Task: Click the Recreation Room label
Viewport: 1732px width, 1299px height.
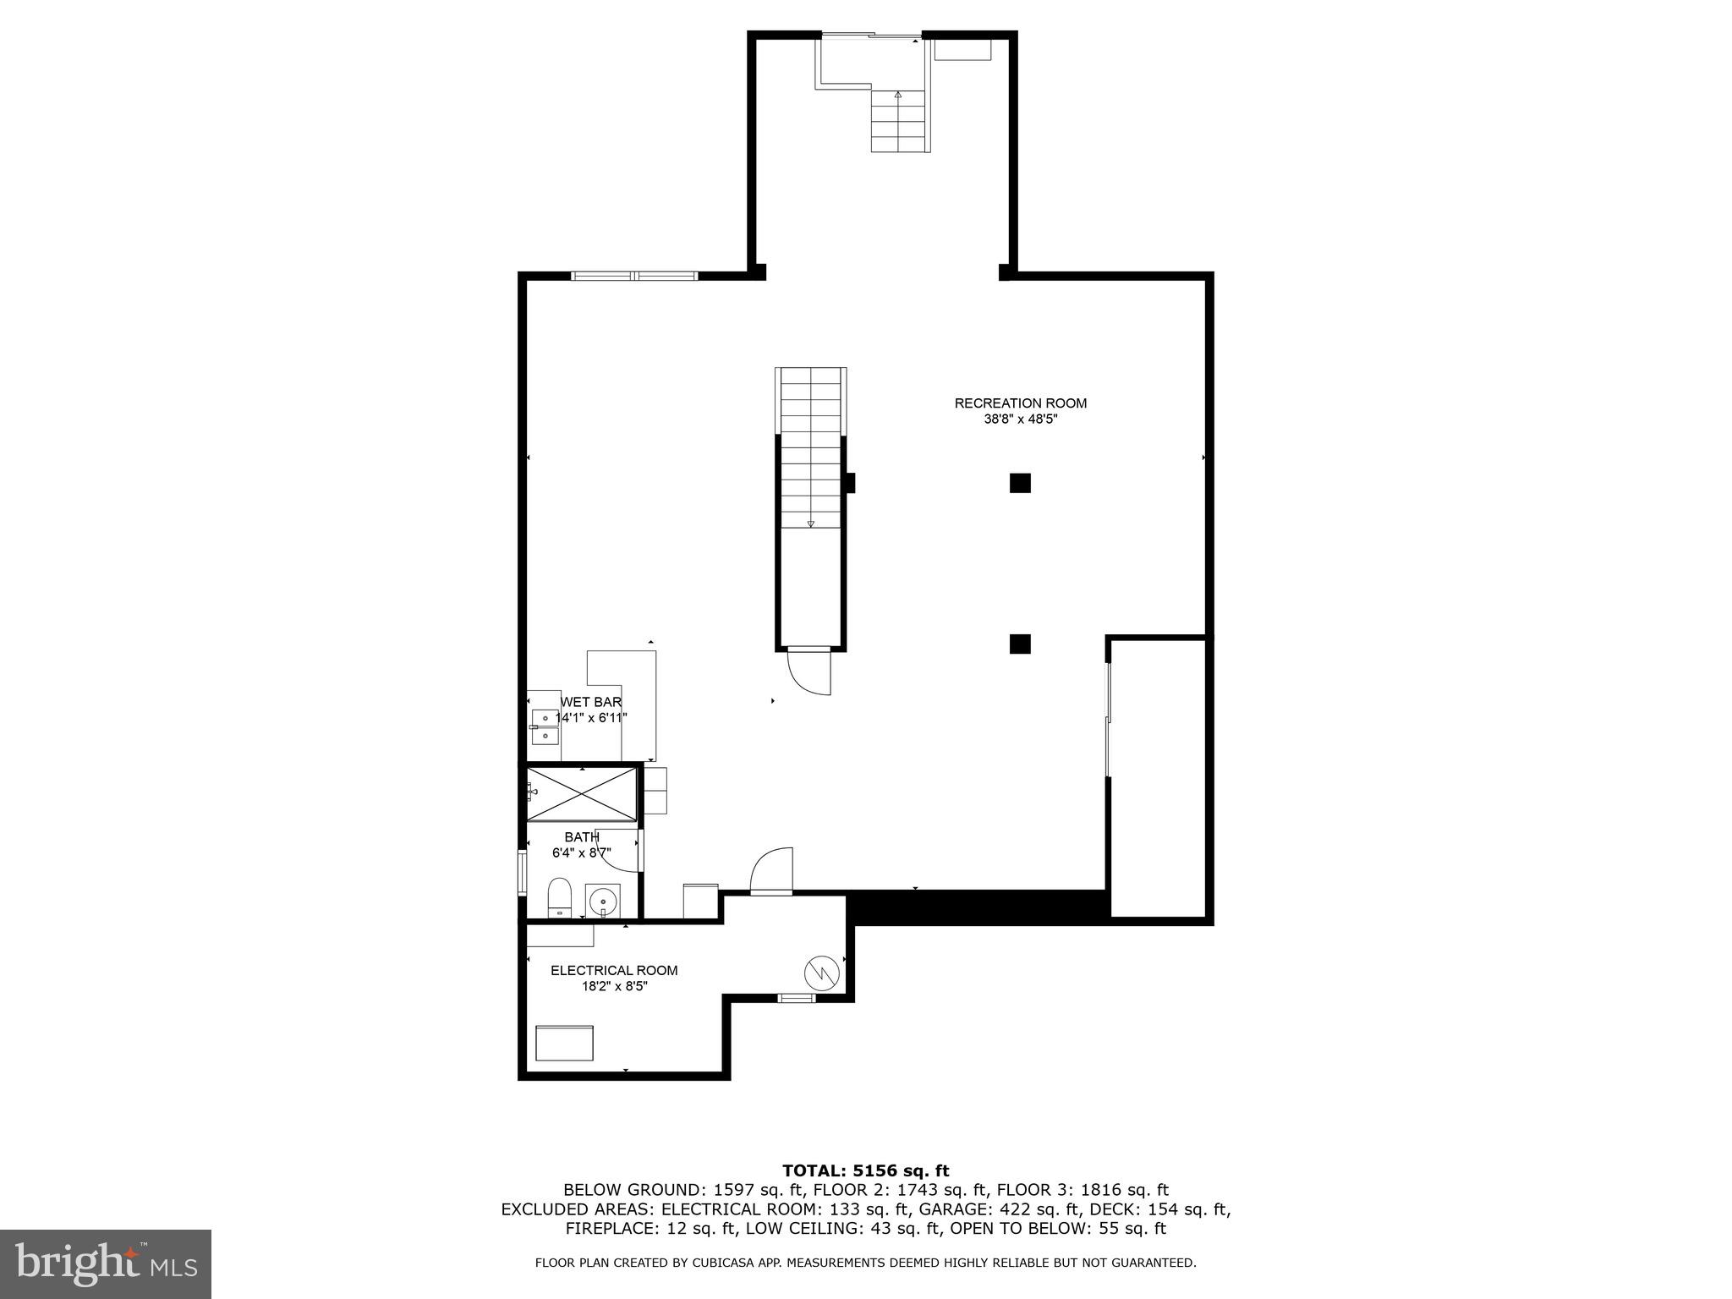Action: [1020, 403]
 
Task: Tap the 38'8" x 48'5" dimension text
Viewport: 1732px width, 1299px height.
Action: [1020, 419]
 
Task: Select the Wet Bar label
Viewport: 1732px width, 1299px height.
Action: [591, 702]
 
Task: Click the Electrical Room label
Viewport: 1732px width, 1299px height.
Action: [614, 970]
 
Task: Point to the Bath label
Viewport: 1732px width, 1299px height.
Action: [582, 837]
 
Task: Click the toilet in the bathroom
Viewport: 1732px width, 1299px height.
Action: [559, 898]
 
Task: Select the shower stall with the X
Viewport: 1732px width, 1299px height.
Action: [582, 794]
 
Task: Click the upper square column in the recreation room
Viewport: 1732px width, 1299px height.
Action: [1020, 483]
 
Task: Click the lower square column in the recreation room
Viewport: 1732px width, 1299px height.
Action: [1020, 644]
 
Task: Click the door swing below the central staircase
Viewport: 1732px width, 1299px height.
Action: [810, 672]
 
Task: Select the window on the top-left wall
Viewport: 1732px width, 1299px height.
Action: [634, 276]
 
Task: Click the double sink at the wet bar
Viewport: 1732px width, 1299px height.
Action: [545, 727]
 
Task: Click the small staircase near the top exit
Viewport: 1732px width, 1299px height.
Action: [901, 121]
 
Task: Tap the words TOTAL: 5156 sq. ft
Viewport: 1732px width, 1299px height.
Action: [865, 1170]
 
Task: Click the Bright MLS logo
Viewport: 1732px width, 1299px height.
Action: [106, 1264]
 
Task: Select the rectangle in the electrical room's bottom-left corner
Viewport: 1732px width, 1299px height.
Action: [564, 1043]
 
